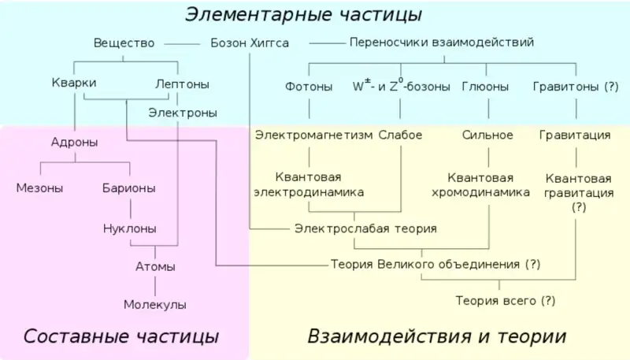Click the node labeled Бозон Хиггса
coord(250,43)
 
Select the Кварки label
coord(74,83)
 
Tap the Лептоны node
coord(183,84)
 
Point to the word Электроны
coord(183,113)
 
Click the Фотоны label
coord(309,87)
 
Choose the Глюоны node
coord(485,87)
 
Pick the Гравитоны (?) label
coord(576,87)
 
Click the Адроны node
coord(74,143)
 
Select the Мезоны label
coord(40,188)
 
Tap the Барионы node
coord(129,188)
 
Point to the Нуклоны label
coord(130,228)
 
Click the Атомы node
coord(155,267)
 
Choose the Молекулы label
coord(155,305)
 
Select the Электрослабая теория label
coord(365,228)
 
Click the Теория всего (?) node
coord(506,301)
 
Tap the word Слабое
coord(401,135)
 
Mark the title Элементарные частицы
coord(303,14)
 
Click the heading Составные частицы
coord(121,336)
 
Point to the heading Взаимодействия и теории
coord(437,336)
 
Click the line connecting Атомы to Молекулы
coord(155,287)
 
